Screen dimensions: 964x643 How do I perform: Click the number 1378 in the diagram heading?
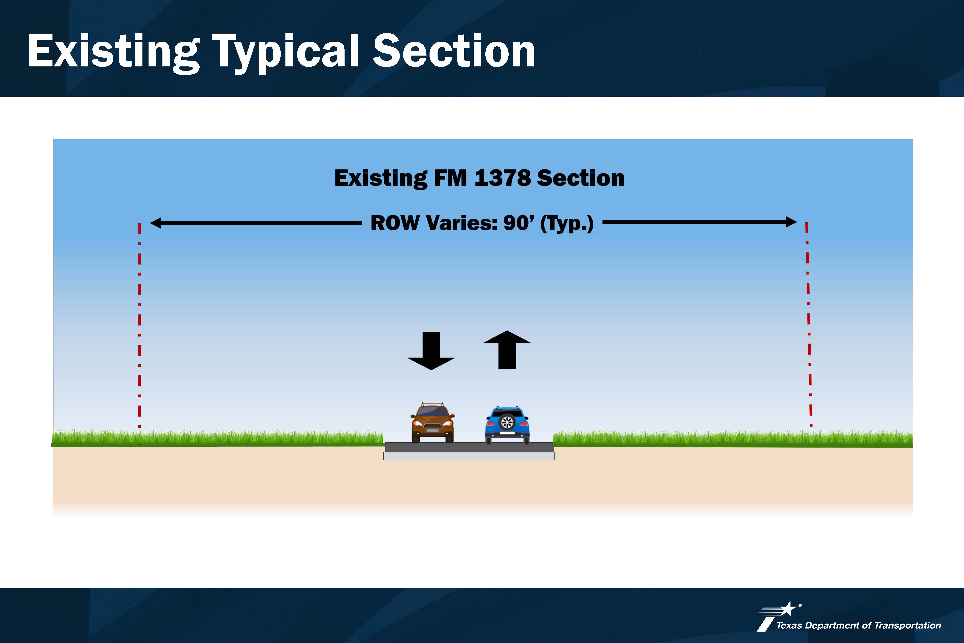coord(503,178)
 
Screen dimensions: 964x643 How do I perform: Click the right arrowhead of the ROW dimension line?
coord(791,222)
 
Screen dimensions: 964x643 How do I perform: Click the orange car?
coord(433,422)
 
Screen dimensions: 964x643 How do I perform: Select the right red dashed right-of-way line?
coord(809,324)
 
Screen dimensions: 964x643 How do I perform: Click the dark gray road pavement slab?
coord(469,447)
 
